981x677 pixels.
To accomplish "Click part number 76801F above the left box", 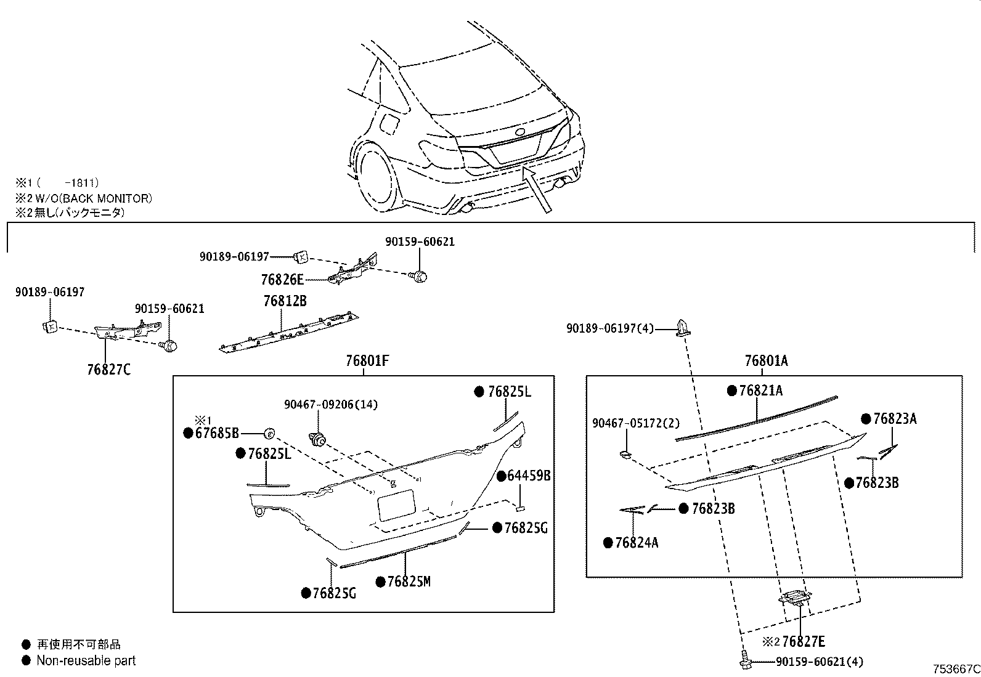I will pos(367,361).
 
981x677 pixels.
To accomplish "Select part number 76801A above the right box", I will pos(766,361).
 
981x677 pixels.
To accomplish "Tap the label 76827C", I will pos(109,370).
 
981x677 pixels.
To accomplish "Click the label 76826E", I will pos(282,280).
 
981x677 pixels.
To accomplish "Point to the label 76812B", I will pos(285,301).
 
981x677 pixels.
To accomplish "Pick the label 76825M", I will pos(409,582).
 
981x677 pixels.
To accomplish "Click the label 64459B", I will pos(529,476).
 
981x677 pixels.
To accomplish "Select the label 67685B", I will pos(217,433).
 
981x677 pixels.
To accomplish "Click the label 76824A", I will pos(637,543).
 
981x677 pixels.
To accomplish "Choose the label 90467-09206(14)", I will pos(331,405).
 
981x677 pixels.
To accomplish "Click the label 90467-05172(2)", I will pos(635,423).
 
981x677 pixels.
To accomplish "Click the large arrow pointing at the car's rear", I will pos(539,190).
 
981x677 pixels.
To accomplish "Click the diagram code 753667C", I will pos(955,669).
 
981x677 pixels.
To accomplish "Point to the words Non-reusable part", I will pos(86,660).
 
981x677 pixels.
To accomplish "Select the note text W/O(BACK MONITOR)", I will pos(96,198).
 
